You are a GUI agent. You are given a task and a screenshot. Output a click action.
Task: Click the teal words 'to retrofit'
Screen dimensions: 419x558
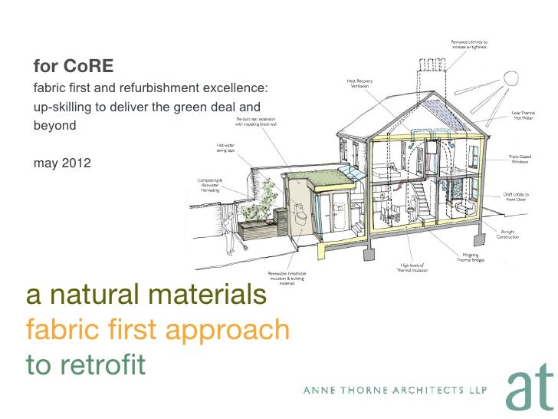85,364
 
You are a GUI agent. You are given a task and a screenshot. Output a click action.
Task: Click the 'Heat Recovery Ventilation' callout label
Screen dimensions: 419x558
360,84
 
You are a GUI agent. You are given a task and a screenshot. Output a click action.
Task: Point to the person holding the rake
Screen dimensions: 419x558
231,234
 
